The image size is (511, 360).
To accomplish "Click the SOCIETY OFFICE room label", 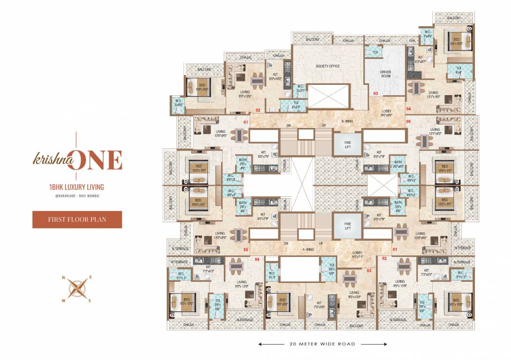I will [327, 66].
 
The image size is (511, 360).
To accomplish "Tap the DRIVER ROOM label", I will [385, 74].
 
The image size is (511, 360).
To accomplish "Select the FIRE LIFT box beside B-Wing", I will [348, 142].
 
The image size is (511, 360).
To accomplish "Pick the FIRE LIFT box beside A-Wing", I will [348, 225].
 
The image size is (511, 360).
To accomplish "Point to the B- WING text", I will [347, 121].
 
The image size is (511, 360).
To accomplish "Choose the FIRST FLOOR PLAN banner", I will [77, 219].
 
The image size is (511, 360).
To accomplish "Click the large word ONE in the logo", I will [100, 160].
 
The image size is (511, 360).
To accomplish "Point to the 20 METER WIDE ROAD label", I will [322, 344].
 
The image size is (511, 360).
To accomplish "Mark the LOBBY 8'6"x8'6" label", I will [386, 113].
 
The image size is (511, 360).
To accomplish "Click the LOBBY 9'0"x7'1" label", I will [358, 255].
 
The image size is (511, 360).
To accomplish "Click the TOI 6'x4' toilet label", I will [459, 70].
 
